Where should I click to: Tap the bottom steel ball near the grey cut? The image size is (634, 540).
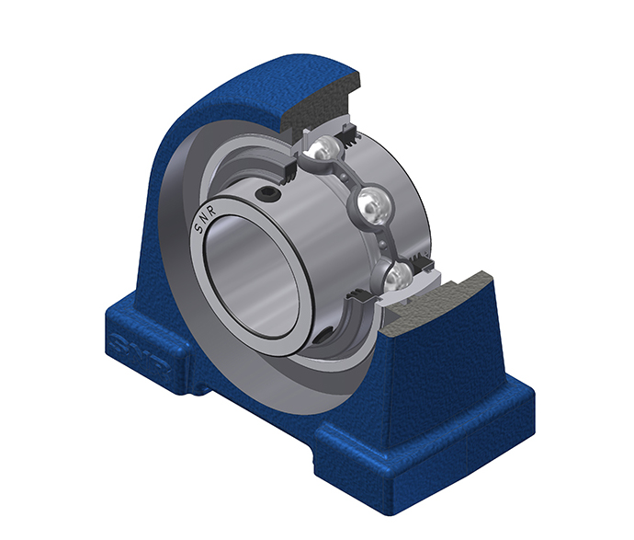tap(398, 276)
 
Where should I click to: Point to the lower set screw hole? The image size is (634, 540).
tap(323, 336)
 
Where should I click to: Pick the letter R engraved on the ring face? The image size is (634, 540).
tap(212, 210)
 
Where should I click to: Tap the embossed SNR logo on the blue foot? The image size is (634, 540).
tap(140, 355)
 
